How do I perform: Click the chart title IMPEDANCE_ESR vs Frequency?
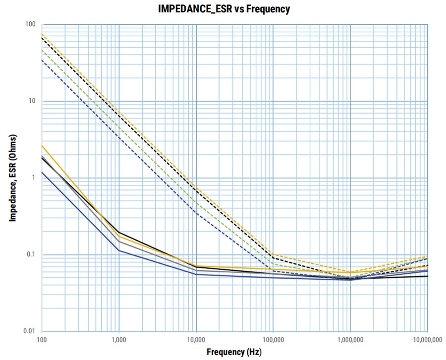[224, 9]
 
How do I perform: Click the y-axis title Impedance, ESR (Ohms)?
[13, 178]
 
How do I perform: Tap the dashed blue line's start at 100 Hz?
[42, 60]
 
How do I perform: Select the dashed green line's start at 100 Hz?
[42, 50]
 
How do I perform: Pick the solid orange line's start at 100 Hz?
[42, 145]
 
